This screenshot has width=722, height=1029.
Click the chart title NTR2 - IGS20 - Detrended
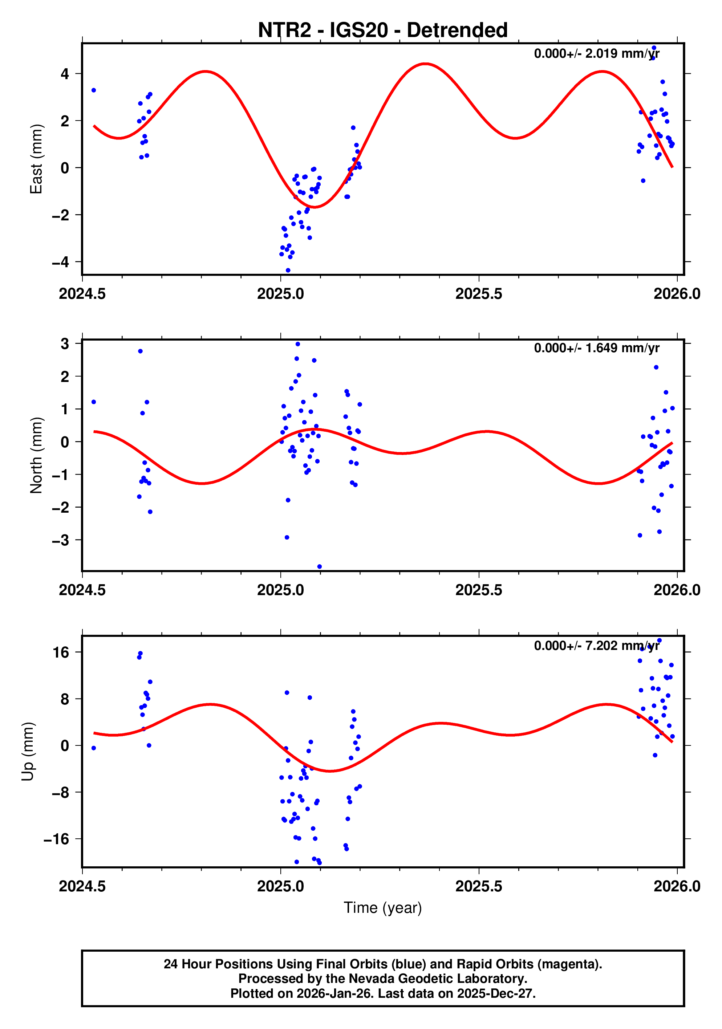(382, 30)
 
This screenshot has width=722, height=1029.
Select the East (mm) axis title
(36, 159)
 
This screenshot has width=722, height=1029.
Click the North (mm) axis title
(36, 455)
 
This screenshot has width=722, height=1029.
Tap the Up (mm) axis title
(28, 752)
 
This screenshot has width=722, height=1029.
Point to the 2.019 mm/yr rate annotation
(596, 54)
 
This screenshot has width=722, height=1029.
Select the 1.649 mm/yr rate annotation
(596, 348)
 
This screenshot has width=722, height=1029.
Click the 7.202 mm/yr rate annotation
(596, 646)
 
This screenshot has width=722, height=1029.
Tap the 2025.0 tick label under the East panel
(280, 294)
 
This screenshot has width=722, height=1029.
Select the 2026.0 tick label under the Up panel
(676, 886)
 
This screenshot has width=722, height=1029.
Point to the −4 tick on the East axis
(61, 262)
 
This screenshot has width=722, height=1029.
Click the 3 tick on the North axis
(65, 344)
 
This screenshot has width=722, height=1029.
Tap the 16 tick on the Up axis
(61, 652)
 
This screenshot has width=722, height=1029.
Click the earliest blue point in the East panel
(94, 90)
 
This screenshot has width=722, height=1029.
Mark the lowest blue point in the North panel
(319, 567)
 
